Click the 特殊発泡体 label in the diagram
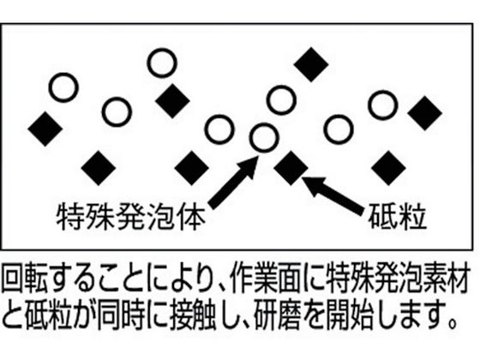(130, 217)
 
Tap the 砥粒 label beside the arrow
(398, 216)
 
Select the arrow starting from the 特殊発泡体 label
(233, 183)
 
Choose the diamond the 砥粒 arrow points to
(291, 168)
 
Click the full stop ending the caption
(452, 324)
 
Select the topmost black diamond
(311, 64)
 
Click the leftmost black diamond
(45, 129)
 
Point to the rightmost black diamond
(425, 113)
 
